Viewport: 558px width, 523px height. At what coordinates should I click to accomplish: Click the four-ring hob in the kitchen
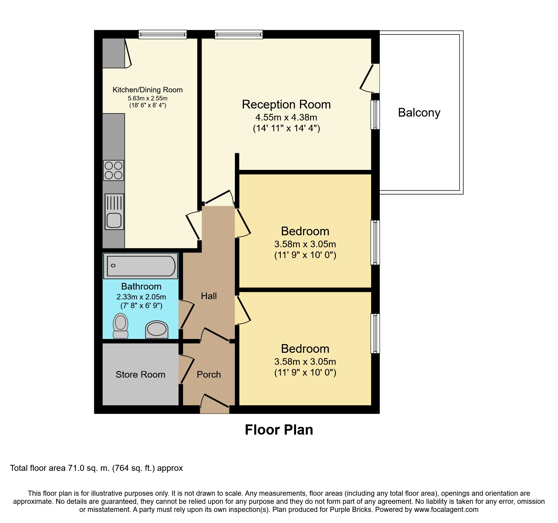pyautogui.click(x=113, y=170)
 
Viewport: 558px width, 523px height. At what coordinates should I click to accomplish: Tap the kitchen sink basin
pyautogui.click(x=114, y=220)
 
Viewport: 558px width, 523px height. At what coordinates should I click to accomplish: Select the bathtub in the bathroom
pyautogui.click(x=141, y=266)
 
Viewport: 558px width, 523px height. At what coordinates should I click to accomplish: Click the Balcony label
pyautogui.click(x=419, y=113)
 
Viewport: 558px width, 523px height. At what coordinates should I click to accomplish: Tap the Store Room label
pyautogui.click(x=140, y=375)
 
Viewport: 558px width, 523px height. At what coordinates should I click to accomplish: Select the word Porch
pyautogui.click(x=208, y=375)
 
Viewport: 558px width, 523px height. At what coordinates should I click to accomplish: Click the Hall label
pyautogui.click(x=208, y=296)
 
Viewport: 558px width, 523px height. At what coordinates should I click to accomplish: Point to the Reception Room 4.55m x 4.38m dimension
pyautogui.click(x=286, y=117)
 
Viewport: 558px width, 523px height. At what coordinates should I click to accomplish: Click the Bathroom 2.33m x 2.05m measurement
pyautogui.click(x=141, y=297)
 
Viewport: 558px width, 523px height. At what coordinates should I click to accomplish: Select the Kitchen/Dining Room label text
pyautogui.click(x=147, y=90)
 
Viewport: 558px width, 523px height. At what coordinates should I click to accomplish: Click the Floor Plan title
pyautogui.click(x=279, y=430)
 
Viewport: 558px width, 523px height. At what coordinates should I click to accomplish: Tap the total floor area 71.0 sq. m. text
pyautogui.click(x=96, y=468)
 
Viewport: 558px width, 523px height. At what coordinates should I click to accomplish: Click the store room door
pyautogui.click(x=186, y=369)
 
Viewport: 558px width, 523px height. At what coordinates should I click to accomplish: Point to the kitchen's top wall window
pyautogui.click(x=163, y=35)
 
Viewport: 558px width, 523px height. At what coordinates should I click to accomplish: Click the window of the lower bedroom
pyautogui.click(x=375, y=333)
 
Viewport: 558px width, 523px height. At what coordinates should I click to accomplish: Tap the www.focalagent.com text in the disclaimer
pyautogui.click(x=446, y=510)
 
